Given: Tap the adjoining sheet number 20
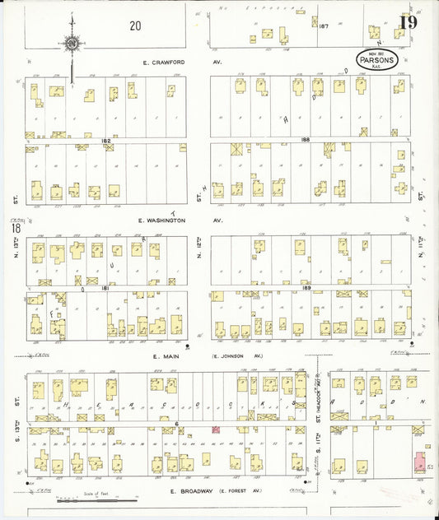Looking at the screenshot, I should point(135,26).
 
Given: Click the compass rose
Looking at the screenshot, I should point(72,43).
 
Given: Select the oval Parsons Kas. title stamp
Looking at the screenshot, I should point(377,60).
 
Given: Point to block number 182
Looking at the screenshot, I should point(105,141).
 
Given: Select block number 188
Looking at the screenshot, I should point(306,140).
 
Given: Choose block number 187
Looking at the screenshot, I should point(325,26).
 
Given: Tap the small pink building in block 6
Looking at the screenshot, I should point(217,429).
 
